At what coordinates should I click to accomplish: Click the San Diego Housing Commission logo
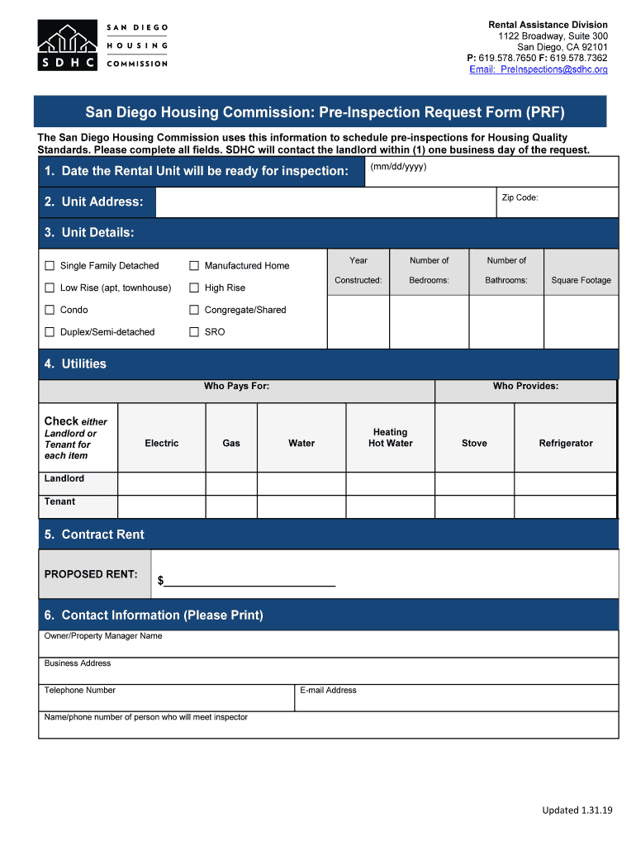102,45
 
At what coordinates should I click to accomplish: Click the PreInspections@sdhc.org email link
538,69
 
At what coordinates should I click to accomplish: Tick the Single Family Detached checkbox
50,266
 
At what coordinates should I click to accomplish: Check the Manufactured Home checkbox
194,266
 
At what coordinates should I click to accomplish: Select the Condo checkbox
50,310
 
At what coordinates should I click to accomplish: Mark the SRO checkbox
194,332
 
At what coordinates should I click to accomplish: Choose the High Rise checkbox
194,288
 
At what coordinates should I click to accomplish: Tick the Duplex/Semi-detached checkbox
50,332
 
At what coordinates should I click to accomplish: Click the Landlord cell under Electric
162,483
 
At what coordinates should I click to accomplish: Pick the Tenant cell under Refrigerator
565,506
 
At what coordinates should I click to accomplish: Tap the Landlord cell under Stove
474,483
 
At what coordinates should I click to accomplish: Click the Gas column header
231,444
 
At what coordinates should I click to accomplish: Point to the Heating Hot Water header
390,438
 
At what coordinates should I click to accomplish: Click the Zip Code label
520,198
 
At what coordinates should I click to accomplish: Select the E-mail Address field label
329,691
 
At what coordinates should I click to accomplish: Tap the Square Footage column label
581,280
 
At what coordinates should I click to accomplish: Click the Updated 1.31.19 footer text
577,810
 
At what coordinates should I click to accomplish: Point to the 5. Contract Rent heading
94,535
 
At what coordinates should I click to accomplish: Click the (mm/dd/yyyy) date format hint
398,167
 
